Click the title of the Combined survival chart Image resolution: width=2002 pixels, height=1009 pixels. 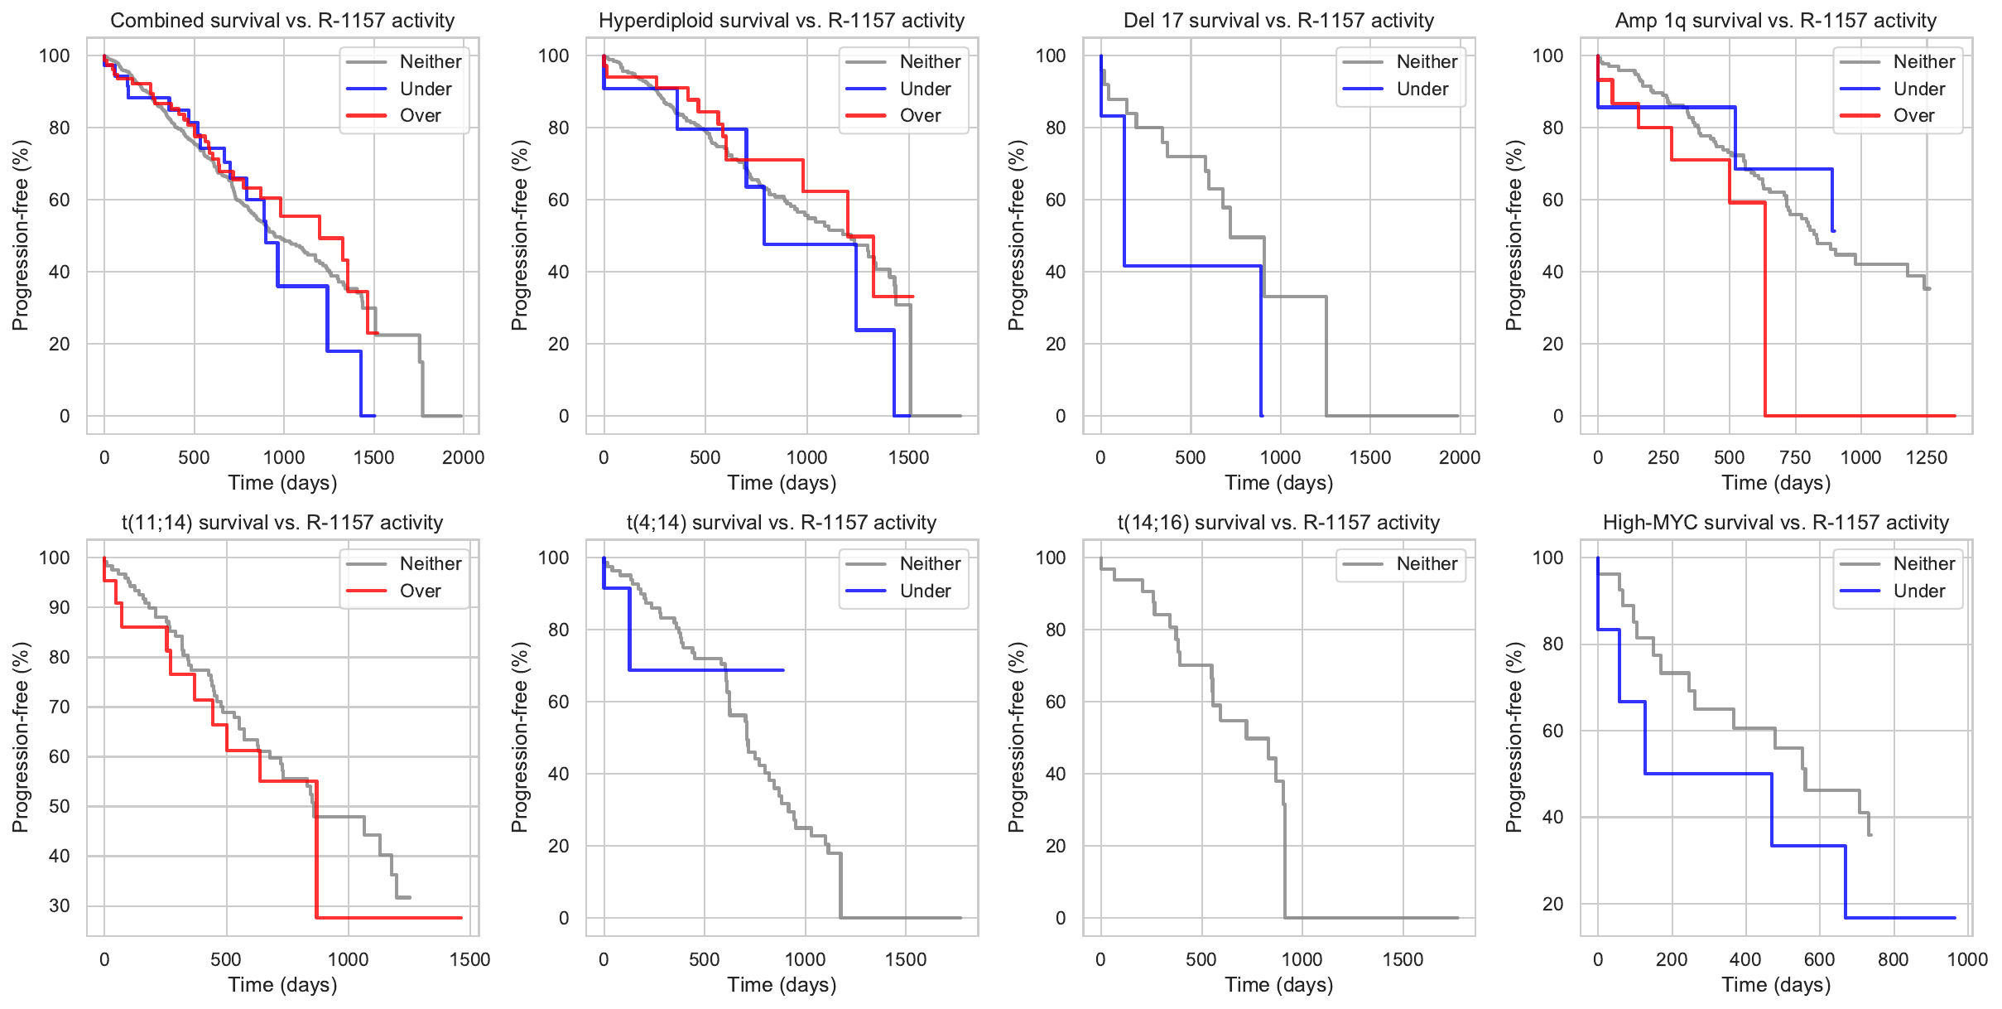tap(282, 21)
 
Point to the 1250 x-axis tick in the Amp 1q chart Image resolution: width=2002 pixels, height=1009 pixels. tap(1926, 457)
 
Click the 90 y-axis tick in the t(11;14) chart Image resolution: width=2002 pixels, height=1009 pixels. tap(60, 607)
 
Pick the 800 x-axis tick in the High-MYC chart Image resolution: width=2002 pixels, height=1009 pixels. tap(1893, 959)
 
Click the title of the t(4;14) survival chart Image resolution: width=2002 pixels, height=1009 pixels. tap(782, 523)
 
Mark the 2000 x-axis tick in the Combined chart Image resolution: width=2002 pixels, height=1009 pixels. tap(463, 457)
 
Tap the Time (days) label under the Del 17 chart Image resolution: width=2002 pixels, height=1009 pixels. tap(1278, 483)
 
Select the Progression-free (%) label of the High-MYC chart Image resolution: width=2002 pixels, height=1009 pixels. tap(1514, 737)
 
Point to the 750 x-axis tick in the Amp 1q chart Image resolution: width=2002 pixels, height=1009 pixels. tap(1795, 457)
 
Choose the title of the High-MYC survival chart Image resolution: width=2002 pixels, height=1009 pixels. tap(1775, 523)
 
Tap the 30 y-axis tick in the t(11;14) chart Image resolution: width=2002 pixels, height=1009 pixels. tap(60, 905)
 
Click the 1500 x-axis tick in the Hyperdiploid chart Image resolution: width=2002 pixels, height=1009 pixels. tap(908, 457)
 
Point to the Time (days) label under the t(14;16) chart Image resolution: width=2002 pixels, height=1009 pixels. tap(1278, 985)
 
